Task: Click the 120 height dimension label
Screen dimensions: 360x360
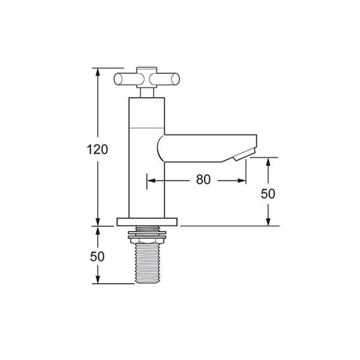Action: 97,149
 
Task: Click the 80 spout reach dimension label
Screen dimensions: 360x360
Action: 203,180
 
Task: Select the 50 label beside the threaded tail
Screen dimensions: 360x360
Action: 97,256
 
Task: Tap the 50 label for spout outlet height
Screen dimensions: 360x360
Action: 268,194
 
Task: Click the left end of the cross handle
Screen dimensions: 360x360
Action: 118,79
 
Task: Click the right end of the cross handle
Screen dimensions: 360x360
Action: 175,79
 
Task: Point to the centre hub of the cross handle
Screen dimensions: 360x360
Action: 147,77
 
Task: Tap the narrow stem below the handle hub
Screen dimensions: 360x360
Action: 147,93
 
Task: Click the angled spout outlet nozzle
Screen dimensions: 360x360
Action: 244,154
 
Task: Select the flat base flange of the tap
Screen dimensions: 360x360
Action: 147,222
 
